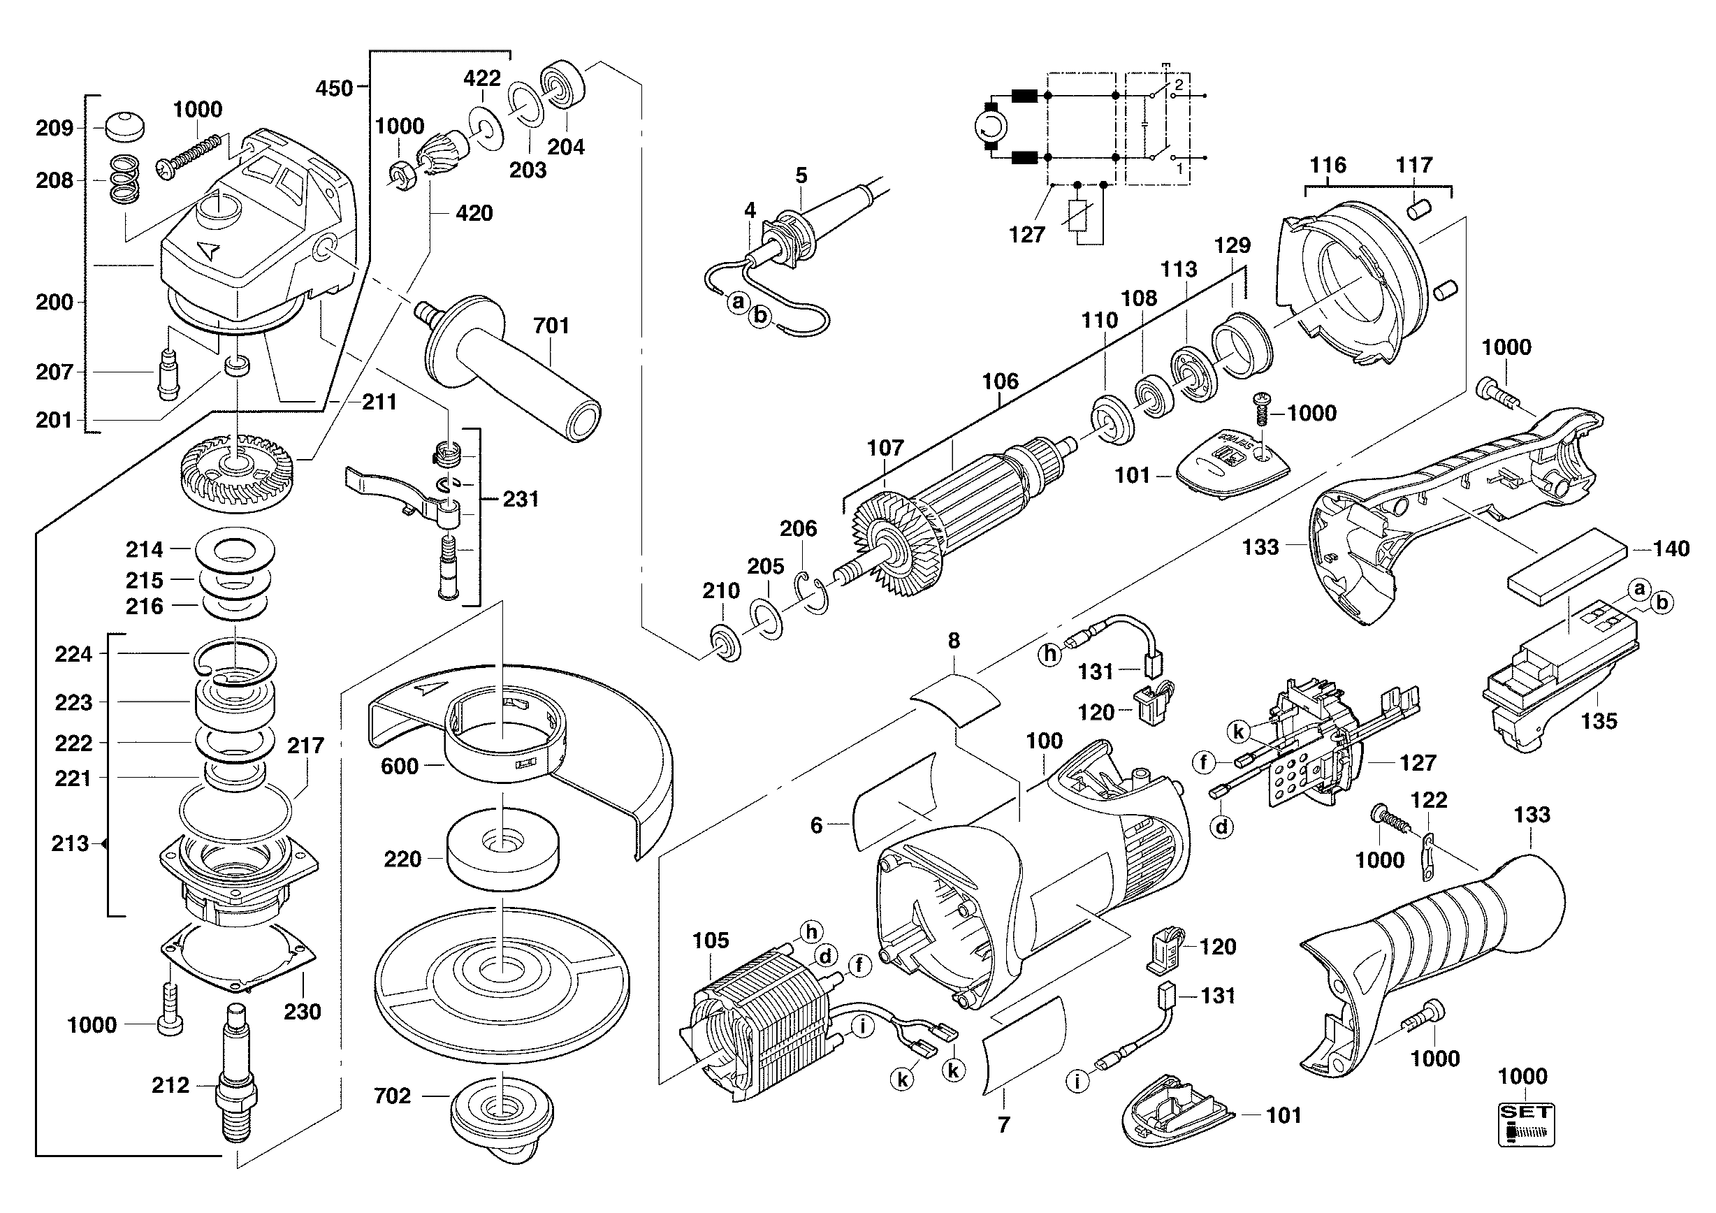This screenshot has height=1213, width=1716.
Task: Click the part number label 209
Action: click(54, 128)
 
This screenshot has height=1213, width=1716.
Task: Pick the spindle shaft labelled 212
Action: click(237, 1073)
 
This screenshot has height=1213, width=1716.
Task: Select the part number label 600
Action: click(399, 766)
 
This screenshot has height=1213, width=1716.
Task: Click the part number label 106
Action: click(1000, 382)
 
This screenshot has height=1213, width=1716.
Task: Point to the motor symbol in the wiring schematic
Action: click(991, 129)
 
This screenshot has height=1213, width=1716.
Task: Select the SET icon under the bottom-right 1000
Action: click(1526, 1125)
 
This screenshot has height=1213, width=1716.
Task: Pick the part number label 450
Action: click(333, 88)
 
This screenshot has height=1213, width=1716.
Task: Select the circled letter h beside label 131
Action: click(1050, 655)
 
